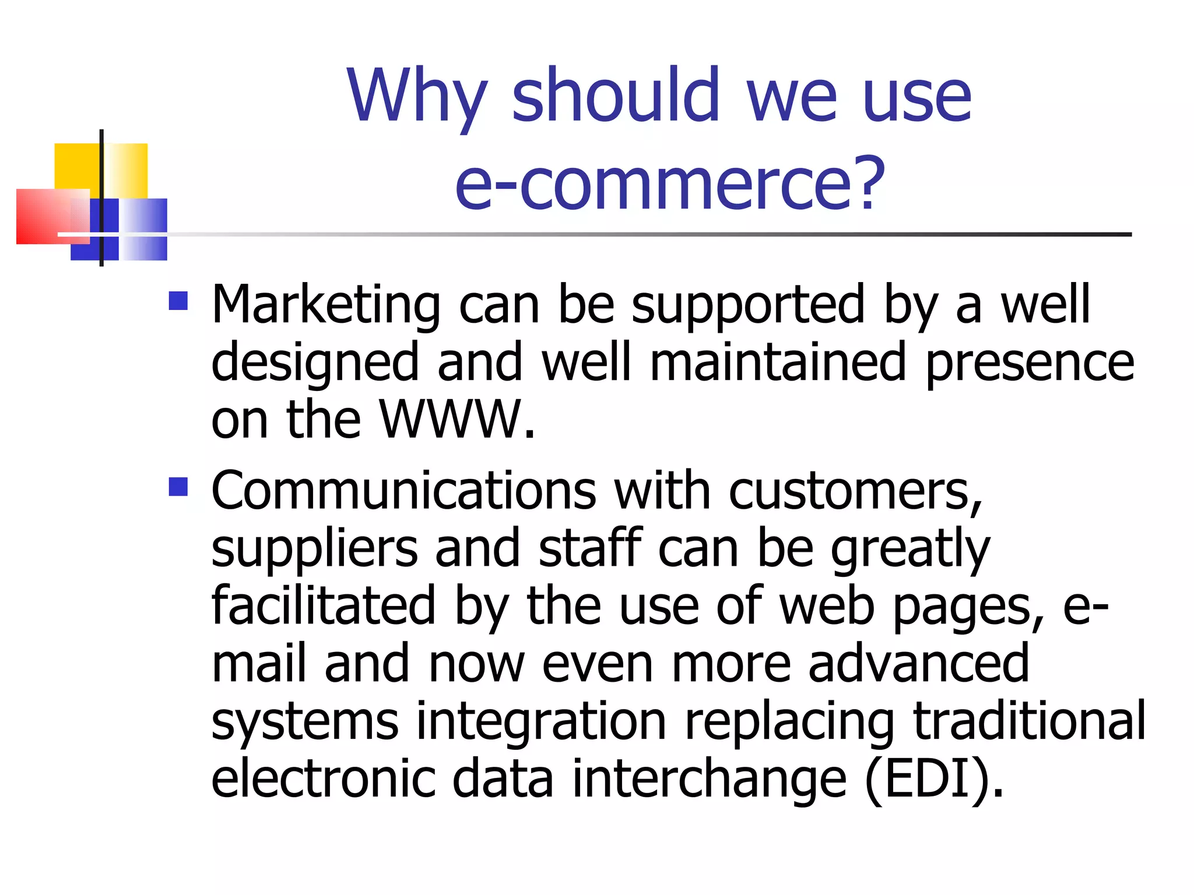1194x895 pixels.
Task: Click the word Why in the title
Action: [416, 97]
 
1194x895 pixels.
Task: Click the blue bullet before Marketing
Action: [178, 301]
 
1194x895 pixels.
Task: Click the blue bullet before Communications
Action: [178, 487]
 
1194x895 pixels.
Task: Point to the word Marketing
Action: [326, 305]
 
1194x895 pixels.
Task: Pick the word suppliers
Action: [314, 549]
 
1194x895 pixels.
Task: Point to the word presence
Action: [1030, 364]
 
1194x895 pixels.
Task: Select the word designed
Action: [315, 364]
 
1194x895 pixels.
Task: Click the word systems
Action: [304, 723]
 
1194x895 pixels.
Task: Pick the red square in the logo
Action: [44, 216]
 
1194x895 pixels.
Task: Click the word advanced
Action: [918, 664]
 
